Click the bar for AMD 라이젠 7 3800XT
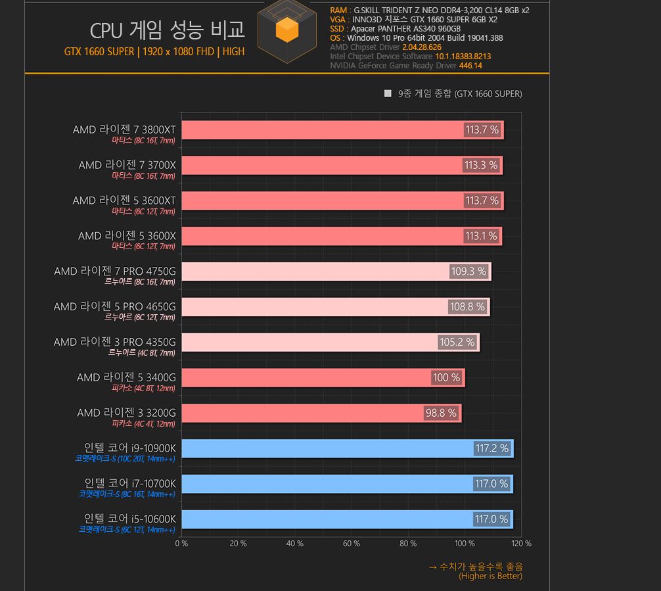tap(322, 130)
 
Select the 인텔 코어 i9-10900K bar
tap(329, 448)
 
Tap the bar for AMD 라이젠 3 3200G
tap(302, 413)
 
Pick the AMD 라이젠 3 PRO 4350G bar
tap(309, 343)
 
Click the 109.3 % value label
tap(468, 272)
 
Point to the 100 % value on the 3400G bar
tap(446, 377)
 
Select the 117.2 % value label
tap(491, 448)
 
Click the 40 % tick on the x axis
tap(295, 544)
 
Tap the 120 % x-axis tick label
tap(521, 544)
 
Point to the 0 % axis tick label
tap(181, 544)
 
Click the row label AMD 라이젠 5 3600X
tap(127, 235)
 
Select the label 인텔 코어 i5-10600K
tap(130, 519)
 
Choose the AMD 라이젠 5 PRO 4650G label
tap(114, 306)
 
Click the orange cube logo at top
tap(286, 30)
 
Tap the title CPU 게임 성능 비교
tap(167, 30)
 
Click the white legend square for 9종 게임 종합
tap(388, 94)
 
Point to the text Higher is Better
tap(490, 577)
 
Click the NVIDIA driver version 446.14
tap(470, 66)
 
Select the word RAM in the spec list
tap(339, 11)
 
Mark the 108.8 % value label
tap(467, 307)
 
